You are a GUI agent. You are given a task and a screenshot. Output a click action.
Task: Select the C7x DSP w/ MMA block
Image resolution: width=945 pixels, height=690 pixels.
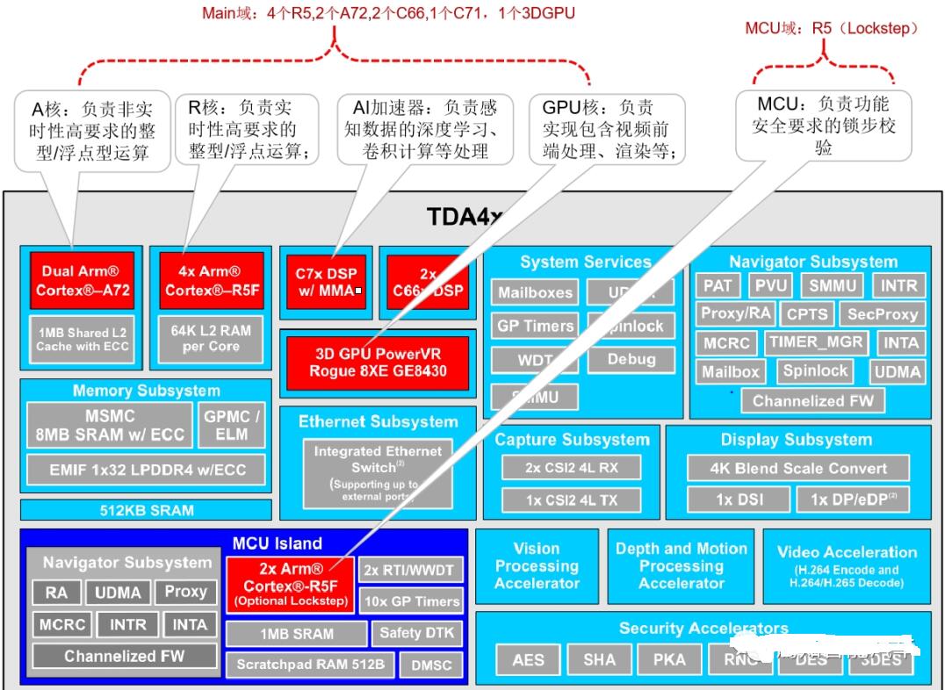point(326,282)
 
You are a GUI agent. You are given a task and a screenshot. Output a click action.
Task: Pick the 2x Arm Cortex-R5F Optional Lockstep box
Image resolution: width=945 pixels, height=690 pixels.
point(290,585)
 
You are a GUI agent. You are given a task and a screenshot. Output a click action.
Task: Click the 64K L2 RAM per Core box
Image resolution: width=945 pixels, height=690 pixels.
point(211,338)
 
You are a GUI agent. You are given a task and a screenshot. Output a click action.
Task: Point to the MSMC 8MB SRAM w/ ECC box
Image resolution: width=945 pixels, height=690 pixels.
point(110,425)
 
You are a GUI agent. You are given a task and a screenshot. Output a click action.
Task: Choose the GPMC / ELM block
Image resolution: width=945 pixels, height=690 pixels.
point(232,425)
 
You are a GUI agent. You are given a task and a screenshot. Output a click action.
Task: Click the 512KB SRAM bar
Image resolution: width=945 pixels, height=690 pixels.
point(146,510)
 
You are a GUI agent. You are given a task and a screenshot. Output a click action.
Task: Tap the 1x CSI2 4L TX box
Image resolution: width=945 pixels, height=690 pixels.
point(571,500)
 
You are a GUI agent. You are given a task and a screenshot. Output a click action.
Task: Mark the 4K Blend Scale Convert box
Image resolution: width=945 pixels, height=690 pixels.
point(797,468)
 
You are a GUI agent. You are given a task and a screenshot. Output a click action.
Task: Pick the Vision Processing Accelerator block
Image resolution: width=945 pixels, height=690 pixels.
point(536,566)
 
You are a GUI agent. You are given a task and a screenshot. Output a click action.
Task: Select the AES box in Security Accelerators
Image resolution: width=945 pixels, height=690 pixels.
point(528,658)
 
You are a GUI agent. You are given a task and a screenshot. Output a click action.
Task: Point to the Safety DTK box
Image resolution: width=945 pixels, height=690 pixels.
point(417,633)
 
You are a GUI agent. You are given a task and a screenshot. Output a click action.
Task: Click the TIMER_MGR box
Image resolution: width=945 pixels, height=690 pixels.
point(816,342)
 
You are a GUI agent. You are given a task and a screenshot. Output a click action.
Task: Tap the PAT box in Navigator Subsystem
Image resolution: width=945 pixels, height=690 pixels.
point(718,285)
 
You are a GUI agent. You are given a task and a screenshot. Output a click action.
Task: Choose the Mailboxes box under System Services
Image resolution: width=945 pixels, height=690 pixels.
point(535,293)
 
